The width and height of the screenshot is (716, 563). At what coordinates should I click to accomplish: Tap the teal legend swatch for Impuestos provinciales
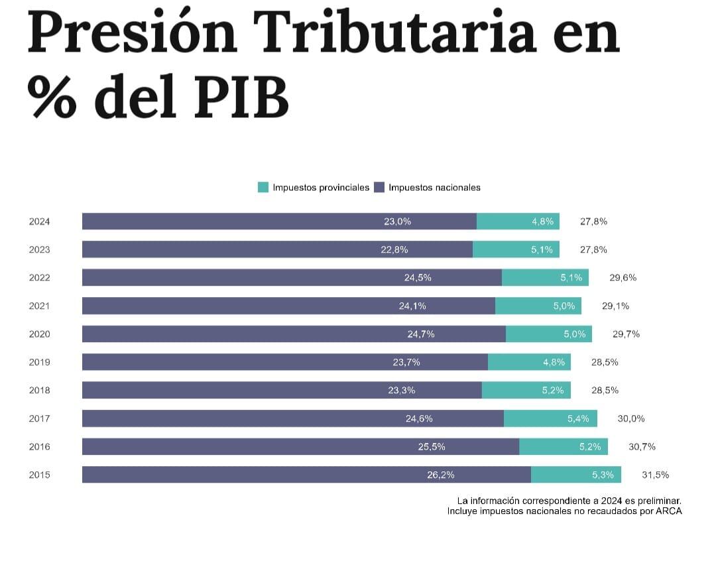[263, 188]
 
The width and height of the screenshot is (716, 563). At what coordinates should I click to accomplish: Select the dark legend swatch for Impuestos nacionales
[379, 188]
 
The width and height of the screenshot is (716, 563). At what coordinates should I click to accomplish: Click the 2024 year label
[39, 221]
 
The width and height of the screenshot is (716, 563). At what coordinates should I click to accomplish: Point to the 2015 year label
[39, 475]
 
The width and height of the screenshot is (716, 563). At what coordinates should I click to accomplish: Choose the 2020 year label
[39, 334]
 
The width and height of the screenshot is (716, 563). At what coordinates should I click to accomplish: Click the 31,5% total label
[655, 475]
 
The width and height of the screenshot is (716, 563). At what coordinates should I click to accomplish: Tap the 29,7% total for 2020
[626, 334]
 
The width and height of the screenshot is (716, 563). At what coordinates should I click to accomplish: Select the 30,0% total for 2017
[630, 418]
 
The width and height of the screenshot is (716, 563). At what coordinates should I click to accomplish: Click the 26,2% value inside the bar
[441, 475]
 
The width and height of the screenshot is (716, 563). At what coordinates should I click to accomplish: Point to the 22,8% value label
[394, 250]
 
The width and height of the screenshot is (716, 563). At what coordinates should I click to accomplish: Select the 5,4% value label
[578, 418]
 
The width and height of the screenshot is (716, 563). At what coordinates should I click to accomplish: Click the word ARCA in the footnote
[669, 511]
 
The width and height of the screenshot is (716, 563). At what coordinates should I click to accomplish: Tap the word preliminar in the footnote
[656, 501]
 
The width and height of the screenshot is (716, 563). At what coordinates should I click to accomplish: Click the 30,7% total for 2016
[642, 447]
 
